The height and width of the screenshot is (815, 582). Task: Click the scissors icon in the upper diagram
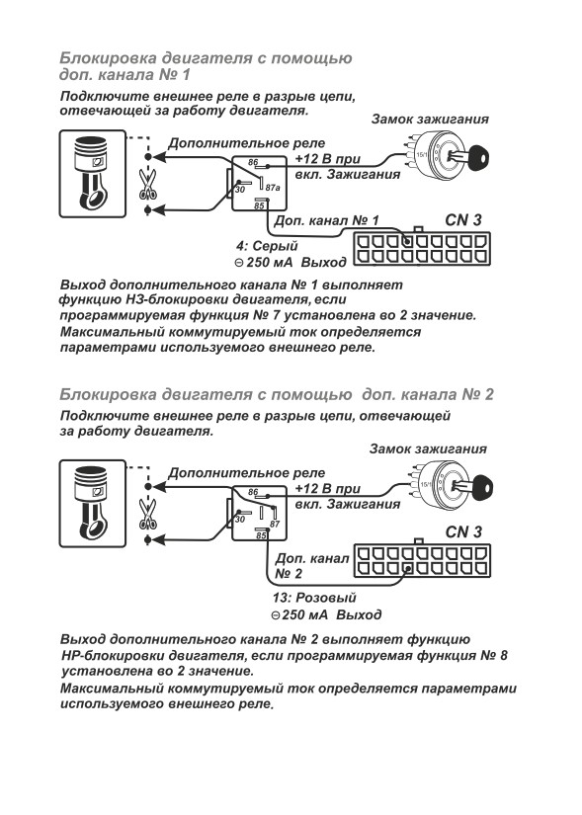tap(148, 185)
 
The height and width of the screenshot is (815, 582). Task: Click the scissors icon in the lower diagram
tap(148, 515)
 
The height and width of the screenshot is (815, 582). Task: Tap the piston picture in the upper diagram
tap(93, 174)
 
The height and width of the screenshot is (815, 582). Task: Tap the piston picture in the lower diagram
tap(93, 503)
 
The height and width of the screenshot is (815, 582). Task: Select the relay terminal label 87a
tap(273, 187)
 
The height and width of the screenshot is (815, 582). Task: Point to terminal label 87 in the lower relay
tap(275, 524)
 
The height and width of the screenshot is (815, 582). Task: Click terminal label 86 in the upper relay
tap(253, 162)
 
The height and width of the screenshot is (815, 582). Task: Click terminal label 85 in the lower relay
tap(261, 535)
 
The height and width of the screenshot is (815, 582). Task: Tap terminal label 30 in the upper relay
tap(240, 190)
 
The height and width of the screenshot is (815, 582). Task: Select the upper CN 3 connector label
tap(463, 220)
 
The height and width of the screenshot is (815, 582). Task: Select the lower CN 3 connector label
tap(463, 531)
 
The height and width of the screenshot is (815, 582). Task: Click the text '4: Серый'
tap(267, 246)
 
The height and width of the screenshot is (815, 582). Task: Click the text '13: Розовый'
tap(314, 598)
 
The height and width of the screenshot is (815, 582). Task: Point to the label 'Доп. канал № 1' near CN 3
tap(327, 220)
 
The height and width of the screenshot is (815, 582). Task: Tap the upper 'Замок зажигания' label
tap(430, 119)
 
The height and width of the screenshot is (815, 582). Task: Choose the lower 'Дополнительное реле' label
tap(246, 473)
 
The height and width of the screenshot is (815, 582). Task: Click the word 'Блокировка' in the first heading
tap(108, 57)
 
